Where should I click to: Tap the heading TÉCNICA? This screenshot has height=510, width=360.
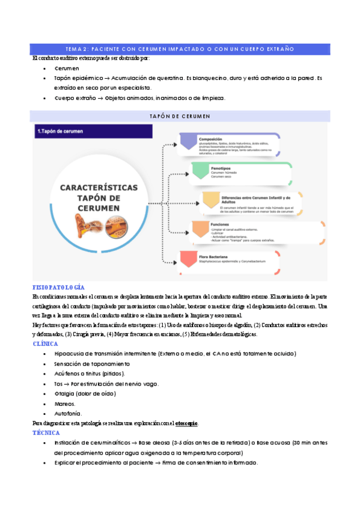click(x=46, y=432)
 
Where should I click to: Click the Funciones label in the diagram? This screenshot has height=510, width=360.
click(x=222, y=223)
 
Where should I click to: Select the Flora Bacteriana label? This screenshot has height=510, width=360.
click(x=224, y=257)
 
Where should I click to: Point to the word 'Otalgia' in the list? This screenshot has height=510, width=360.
click(x=64, y=394)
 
